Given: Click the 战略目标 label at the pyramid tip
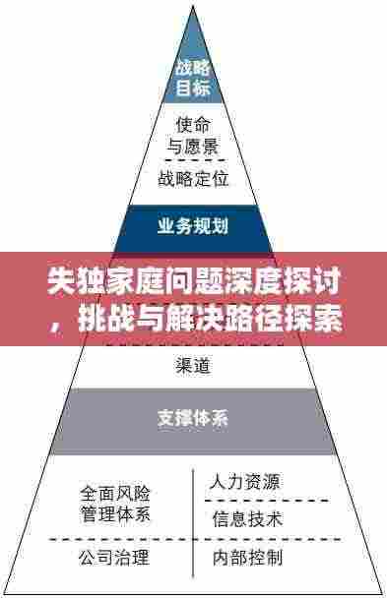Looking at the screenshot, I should coord(193,78).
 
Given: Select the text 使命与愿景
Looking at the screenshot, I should coord(193,137).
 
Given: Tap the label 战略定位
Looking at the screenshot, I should coord(193,178).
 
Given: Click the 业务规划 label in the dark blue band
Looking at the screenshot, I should coord(193,226).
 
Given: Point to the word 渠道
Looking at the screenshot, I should coord(193,366).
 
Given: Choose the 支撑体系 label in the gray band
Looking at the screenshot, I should coord(193,417).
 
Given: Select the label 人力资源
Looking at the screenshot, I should coord(245,482).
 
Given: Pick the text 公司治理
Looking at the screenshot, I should coord(114,559).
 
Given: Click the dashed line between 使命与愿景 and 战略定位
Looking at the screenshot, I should coord(193,159).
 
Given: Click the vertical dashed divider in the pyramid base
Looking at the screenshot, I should coord(193,521).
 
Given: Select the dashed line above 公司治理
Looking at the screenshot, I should coord(108,539).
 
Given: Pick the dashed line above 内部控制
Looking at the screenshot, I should coord(266,539).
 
